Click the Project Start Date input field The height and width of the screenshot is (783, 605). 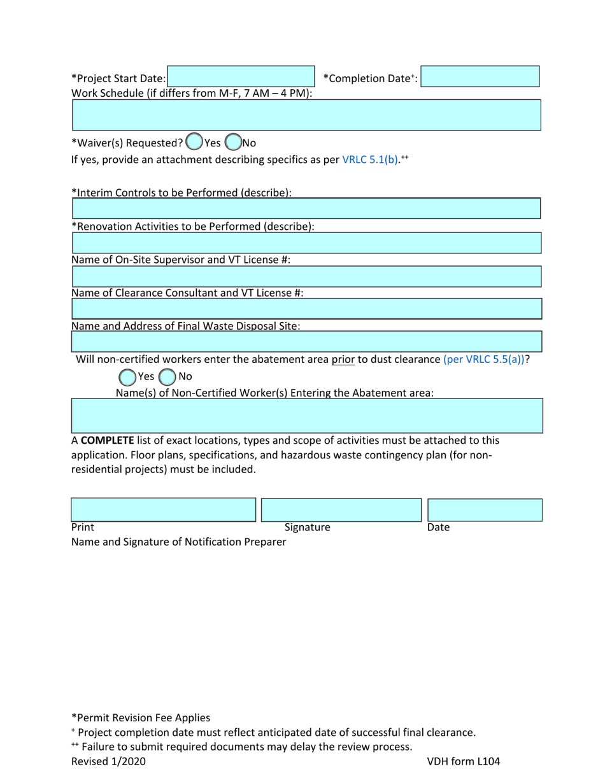point(241,76)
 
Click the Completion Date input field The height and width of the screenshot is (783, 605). point(480,76)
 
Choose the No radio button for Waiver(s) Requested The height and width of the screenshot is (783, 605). point(233,142)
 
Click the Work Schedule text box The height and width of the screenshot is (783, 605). point(306,115)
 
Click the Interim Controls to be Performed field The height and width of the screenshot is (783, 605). point(306,209)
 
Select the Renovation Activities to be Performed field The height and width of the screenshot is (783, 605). point(306,243)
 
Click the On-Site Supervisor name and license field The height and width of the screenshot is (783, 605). point(306,276)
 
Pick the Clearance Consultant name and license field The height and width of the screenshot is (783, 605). point(306,309)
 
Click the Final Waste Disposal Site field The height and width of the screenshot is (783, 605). point(306,341)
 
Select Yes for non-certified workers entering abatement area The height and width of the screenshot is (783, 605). point(127,377)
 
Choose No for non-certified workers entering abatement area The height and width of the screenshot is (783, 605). point(167,377)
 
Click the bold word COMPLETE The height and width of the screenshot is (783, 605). point(107,441)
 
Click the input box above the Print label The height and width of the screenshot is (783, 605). point(163,510)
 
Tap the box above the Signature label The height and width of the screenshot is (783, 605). point(341,510)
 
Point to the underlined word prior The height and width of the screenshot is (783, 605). point(343,359)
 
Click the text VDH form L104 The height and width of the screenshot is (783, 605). point(467,761)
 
